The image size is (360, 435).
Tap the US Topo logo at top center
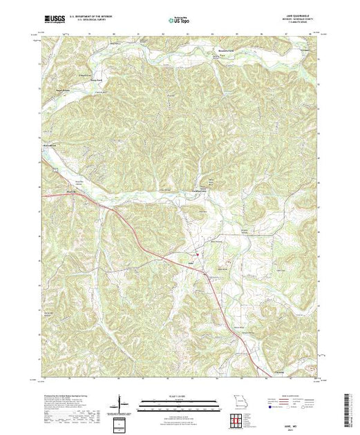179,20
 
